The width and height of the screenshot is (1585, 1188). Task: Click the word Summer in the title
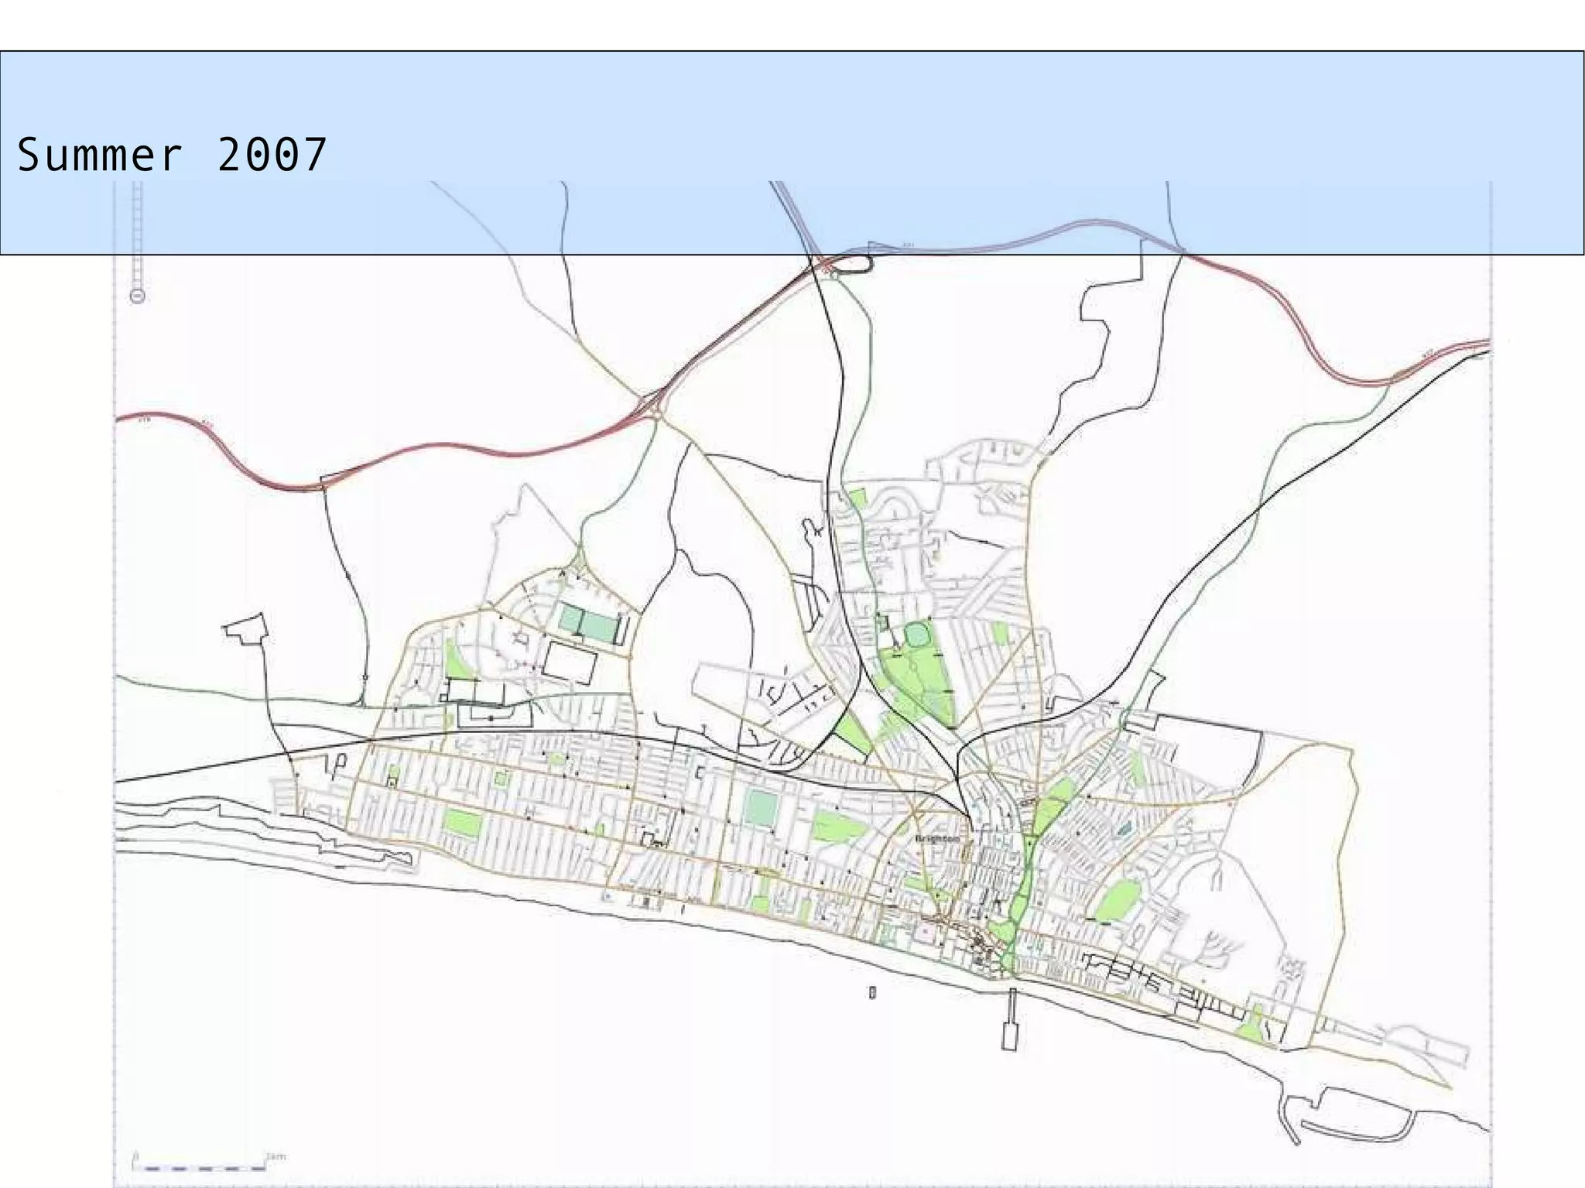click(x=99, y=155)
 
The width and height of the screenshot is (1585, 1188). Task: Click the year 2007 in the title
click(x=272, y=155)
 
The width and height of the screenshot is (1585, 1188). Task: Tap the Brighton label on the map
click(x=936, y=839)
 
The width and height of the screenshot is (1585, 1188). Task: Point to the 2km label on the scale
click(x=276, y=1157)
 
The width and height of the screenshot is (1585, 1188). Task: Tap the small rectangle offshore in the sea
click(x=872, y=991)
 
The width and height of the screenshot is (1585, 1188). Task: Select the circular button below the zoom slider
click(x=138, y=296)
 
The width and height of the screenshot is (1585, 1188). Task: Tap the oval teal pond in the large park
click(x=916, y=636)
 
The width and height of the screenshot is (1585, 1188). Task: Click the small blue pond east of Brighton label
click(x=1123, y=830)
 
